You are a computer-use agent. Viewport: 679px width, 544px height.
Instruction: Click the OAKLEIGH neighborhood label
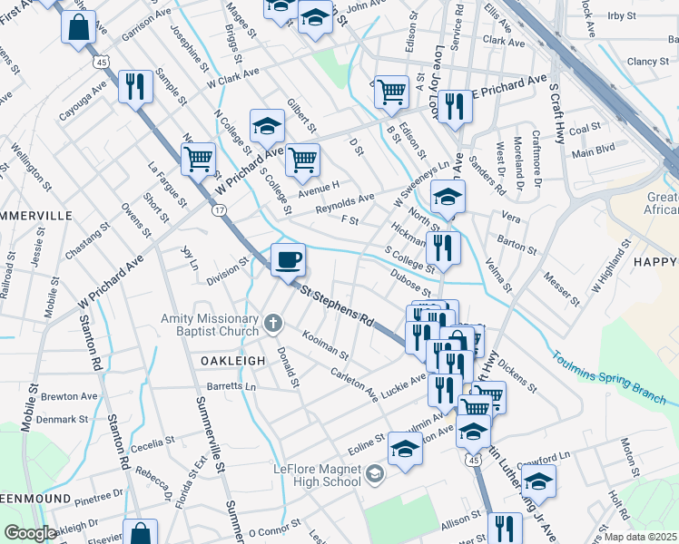point(232,360)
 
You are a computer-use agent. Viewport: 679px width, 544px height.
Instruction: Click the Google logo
point(30,534)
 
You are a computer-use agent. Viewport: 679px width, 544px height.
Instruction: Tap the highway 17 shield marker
point(220,209)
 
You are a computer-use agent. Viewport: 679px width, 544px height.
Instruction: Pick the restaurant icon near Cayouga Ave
point(135,86)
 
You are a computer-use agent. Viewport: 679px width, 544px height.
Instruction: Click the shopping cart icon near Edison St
point(391,91)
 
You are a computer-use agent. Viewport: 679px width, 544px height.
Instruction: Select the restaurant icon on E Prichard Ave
point(455,106)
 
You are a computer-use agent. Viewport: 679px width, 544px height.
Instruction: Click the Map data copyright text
point(641,537)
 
